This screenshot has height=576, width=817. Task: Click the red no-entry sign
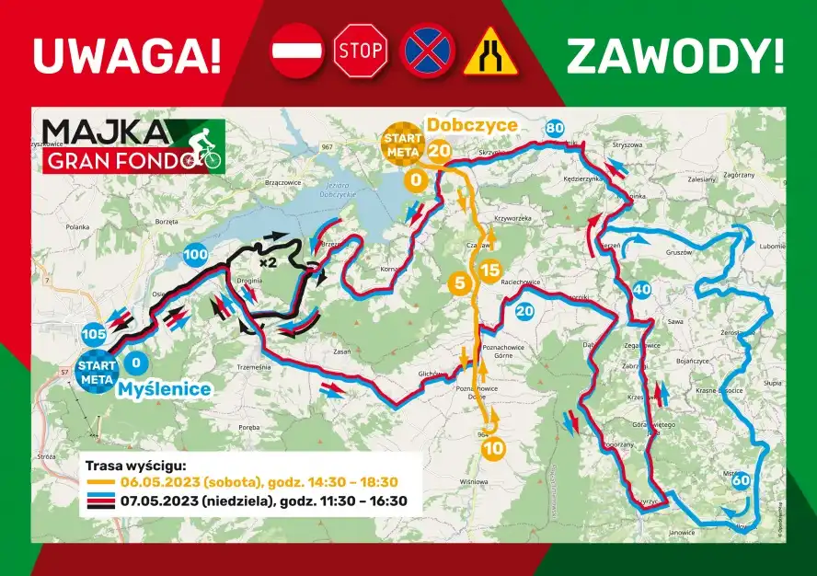(x=296, y=51)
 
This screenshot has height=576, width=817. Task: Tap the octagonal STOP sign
(x=360, y=51)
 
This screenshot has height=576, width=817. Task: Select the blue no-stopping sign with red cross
(x=425, y=51)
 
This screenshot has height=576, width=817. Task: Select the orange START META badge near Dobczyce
(x=403, y=144)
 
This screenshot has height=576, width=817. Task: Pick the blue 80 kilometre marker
(x=554, y=129)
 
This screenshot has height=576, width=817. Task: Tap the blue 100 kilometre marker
(x=195, y=254)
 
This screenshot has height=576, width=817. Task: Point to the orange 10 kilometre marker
(x=492, y=449)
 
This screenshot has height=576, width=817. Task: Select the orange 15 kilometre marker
(x=489, y=271)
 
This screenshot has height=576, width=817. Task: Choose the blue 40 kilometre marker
(x=642, y=290)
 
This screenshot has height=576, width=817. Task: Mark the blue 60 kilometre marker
(x=741, y=480)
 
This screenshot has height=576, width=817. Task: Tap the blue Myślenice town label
(x=165, y=389)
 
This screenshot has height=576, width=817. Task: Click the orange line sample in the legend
(x=99, y=482)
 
